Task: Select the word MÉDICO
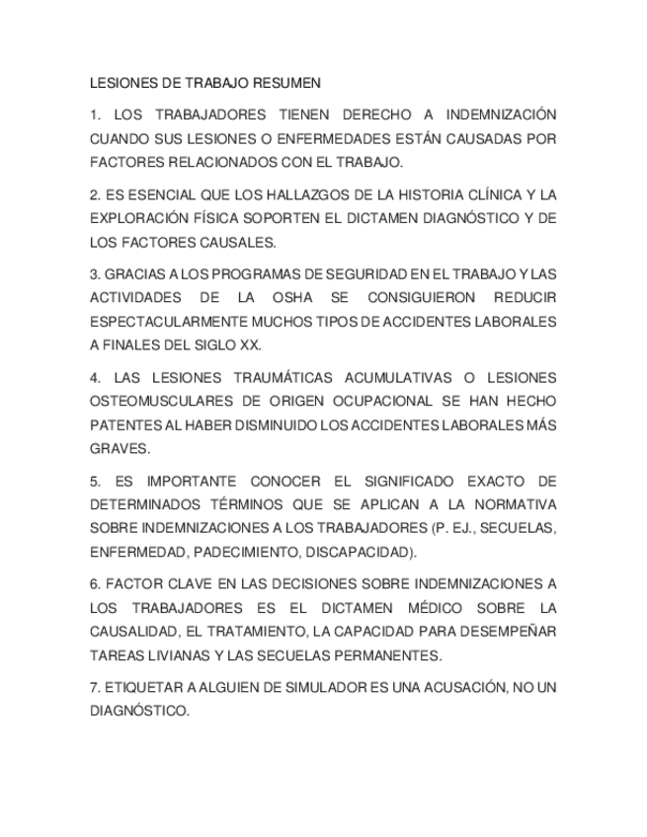tap(442, 608)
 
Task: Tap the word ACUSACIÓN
tap(455, 688)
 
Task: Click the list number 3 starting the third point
tap(94, 275)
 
